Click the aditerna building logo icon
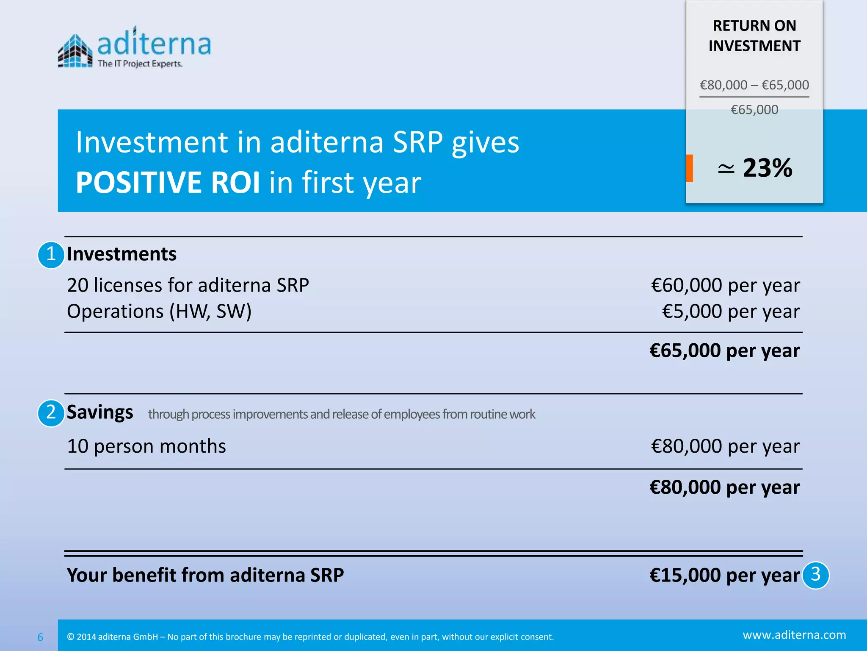click(75, 51)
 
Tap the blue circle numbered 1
click(51, 255)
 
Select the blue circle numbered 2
click(51, 413)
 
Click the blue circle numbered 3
click(815, 575)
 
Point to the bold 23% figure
click(767, 168)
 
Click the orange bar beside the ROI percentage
click(689, 168)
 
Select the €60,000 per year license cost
click(725, 285)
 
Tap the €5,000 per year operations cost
click(731, 312)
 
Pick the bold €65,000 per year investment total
click(724, 351)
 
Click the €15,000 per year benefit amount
click(724, 575)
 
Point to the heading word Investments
click(121, 254)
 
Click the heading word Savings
click(100, 412)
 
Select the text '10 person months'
click(146, 446)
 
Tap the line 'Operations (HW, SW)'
click(159, 312)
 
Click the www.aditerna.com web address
click(794, 635)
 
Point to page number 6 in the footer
click(40, 637)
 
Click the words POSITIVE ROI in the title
click(168, 183)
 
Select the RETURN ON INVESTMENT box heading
click(754, 36)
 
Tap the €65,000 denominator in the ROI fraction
click(754, 110)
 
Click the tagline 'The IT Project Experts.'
click(140, 64)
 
